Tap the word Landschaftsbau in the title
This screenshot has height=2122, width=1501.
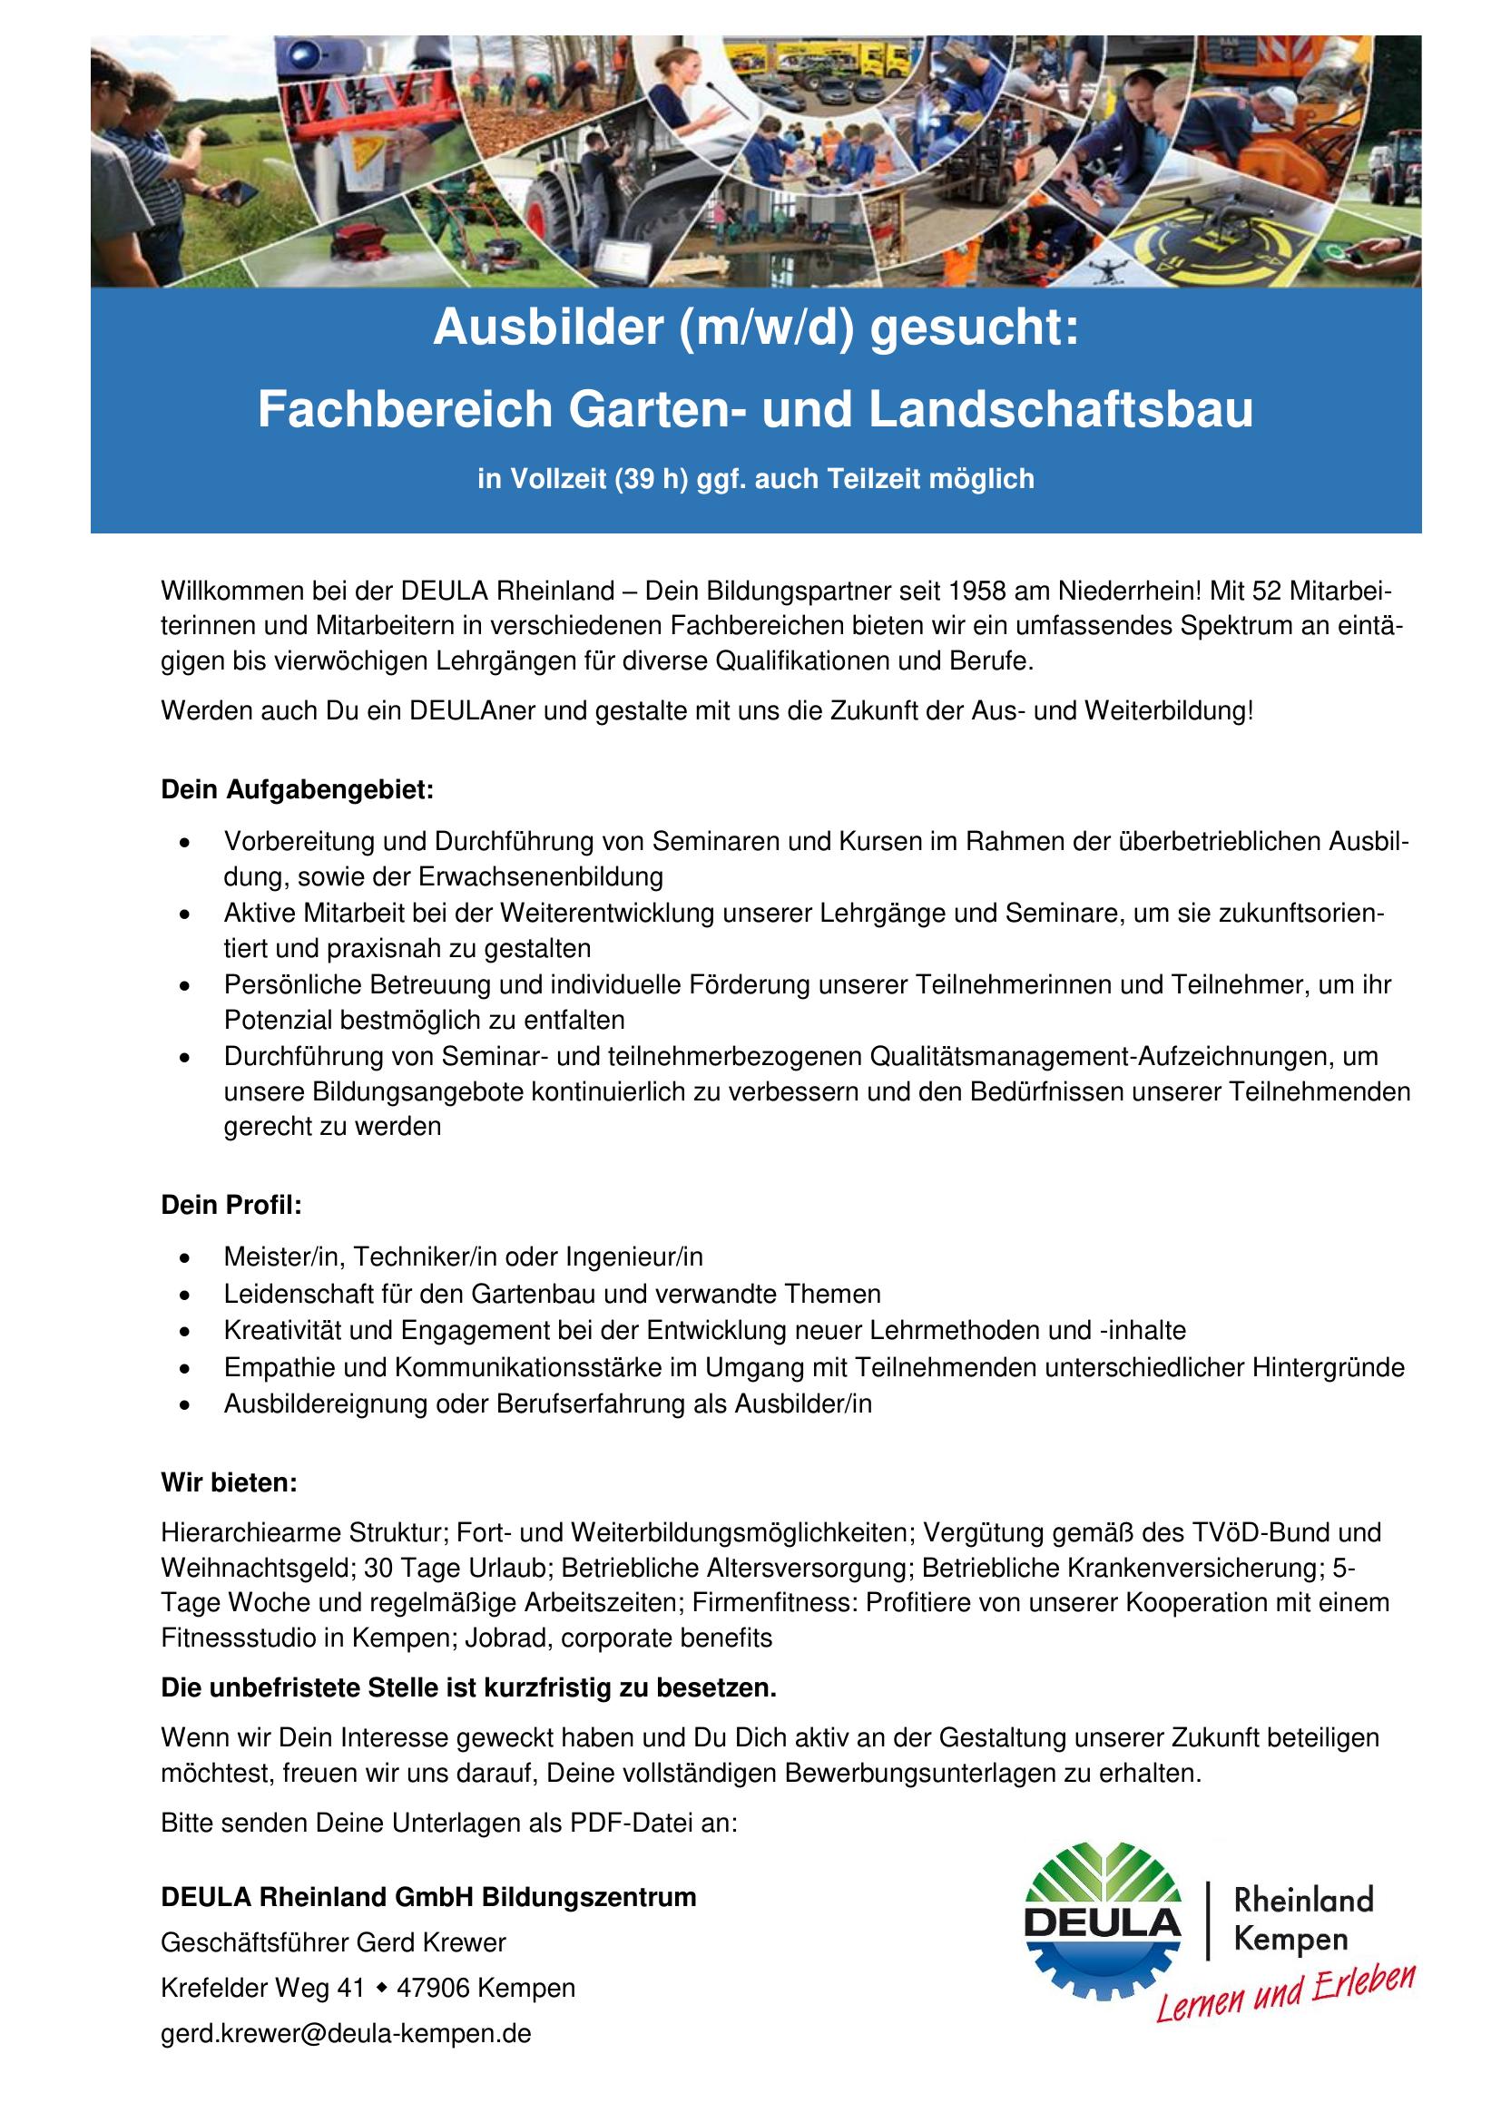point(1059,410)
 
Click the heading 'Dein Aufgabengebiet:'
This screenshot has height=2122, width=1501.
point(297,790)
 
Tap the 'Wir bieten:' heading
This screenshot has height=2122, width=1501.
point(230,1483)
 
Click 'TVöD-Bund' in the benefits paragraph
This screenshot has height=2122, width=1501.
point(1262,1532)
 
